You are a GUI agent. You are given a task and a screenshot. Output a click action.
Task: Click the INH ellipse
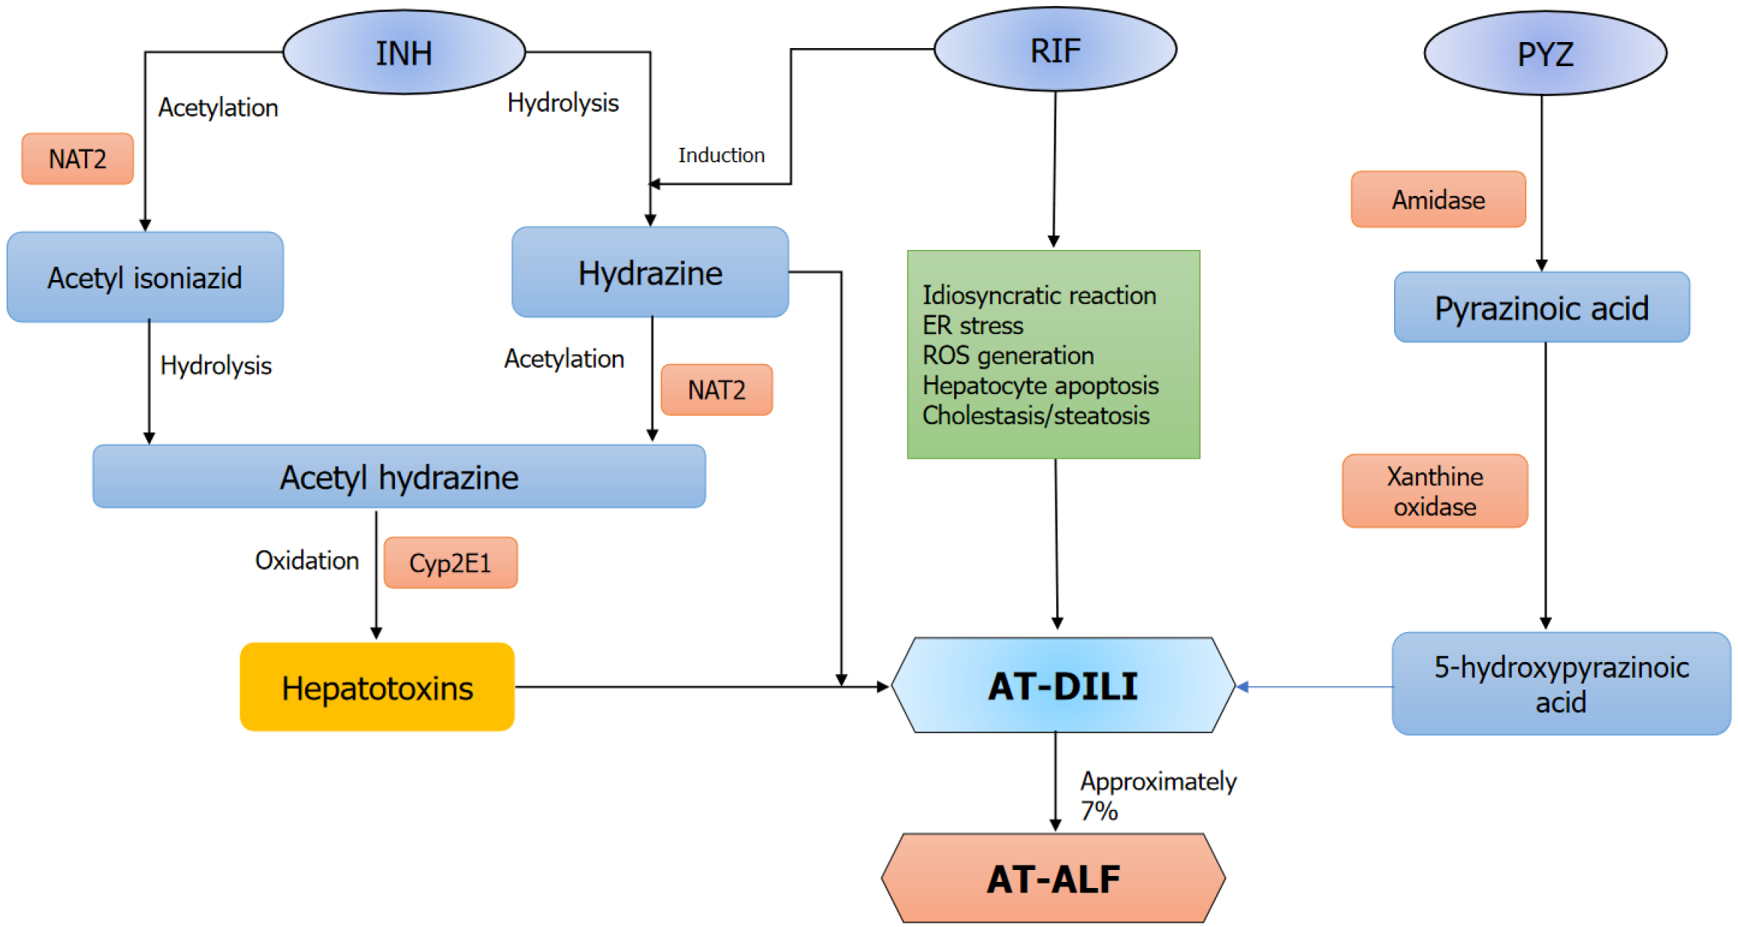(x=404, y=53)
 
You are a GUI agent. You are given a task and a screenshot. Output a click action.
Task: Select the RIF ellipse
(x=1055, y=50)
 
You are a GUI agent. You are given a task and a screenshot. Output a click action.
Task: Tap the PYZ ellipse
(x=1545, y=53)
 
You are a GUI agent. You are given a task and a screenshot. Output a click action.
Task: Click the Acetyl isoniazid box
(x=145, y=277)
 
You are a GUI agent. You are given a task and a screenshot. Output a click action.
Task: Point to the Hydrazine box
(x=650, y=272)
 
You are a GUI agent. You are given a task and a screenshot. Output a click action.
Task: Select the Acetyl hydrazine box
(x=399, y=477)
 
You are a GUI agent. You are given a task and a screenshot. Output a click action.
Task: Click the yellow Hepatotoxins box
(x=377, y=687)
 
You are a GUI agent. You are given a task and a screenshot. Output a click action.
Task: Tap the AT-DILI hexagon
(x=1062, y=685)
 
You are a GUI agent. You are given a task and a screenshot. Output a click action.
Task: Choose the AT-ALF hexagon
(x=1053, y=878)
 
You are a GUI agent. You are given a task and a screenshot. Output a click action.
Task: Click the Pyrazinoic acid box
(x=1541, y=308)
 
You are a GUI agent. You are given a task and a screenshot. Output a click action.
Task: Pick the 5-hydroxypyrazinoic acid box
(x=1561, y=684)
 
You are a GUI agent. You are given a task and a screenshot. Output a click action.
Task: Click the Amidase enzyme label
(x=1438, y=200)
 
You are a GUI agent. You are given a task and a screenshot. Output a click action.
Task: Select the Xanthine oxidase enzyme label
(x=1435, y=491)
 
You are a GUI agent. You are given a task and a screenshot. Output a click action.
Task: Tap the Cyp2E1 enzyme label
(x=450, y=563)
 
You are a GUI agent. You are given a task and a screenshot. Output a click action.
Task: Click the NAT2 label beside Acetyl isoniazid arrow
(x=77, y=159)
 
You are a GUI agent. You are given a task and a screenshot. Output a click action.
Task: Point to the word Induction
(x=721, y=155)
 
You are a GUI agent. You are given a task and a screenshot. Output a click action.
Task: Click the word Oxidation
(x=307, y=561)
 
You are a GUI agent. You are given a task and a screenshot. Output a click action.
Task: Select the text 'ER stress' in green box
(x=972, y=326)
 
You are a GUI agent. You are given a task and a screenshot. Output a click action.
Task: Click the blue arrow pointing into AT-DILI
(x=1314, y=686)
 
